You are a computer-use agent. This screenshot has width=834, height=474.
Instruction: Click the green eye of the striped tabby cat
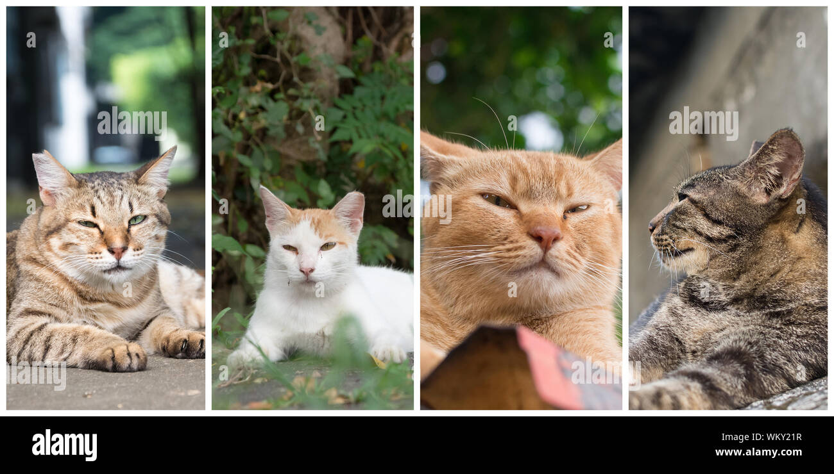137,220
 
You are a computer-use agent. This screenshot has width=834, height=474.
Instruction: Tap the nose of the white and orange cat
307,271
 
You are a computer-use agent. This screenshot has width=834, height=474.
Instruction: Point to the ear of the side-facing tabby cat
776,163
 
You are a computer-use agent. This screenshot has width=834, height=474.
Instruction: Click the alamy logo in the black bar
64,445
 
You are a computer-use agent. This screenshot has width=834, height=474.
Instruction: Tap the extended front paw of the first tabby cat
122,357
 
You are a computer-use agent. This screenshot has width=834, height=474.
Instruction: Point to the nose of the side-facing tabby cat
652,226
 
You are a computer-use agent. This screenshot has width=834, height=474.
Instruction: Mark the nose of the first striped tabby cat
117,251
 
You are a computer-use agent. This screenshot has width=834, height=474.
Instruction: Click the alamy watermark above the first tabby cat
132,123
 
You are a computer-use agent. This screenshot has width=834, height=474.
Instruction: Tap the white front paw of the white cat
389,353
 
